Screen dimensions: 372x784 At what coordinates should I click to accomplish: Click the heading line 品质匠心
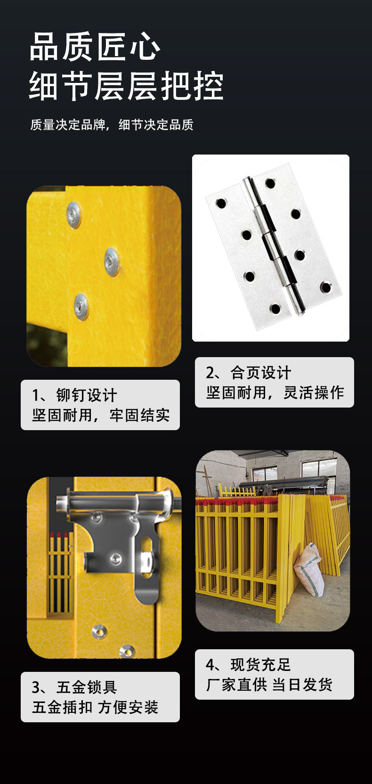95,47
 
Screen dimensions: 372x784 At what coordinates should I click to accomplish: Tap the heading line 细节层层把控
126,86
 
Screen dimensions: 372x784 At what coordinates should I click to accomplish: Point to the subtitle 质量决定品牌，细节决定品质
112,124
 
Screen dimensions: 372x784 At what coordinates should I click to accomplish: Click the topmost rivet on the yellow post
74,214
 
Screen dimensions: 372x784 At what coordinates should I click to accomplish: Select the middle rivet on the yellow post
112,262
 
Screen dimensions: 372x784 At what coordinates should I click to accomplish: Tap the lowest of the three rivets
81,307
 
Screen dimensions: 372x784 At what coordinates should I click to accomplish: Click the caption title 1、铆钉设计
74,395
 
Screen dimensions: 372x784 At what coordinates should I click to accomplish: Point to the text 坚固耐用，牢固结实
101,416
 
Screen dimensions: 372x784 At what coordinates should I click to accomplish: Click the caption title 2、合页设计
248,373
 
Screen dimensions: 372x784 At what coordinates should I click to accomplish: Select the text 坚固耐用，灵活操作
275,392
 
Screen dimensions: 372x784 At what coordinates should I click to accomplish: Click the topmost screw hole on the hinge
270,183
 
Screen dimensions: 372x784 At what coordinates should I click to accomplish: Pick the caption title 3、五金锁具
74,687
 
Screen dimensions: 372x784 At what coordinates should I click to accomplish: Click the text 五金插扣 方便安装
95,707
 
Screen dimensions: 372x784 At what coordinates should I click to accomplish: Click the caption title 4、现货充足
248,665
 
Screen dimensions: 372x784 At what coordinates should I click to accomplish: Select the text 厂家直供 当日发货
269,685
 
